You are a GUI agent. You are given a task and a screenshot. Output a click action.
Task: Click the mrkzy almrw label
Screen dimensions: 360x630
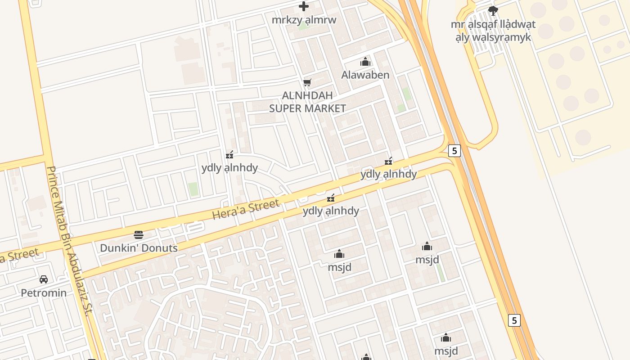point(304,20)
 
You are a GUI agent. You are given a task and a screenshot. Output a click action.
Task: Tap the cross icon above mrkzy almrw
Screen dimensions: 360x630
point(304,6)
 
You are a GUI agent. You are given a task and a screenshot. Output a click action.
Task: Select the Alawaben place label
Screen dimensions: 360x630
point(365,75)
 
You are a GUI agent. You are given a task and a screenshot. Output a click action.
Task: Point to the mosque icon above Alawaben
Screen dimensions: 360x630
point(365,62)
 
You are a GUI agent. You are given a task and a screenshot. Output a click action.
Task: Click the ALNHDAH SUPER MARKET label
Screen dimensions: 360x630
point(307,102)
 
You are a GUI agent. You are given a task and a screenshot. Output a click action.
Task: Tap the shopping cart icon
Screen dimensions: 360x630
point(307,82)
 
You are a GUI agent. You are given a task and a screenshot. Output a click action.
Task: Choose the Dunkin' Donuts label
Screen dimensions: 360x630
point(139,248)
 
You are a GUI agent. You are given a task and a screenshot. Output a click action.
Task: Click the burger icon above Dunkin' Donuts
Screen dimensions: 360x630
point(139,234)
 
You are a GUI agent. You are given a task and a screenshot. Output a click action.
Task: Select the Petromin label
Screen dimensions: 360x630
point(44,293)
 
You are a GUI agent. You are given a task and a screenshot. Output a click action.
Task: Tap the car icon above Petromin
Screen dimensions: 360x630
point(44,279)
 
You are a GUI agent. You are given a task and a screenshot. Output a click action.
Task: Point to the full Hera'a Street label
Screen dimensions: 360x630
point(246,210)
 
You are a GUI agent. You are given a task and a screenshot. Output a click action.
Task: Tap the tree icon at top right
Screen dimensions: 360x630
point(493,10)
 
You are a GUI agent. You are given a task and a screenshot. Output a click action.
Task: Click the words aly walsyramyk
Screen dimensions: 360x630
point(493,37)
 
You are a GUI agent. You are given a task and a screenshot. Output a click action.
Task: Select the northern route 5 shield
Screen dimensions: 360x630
point(454,151)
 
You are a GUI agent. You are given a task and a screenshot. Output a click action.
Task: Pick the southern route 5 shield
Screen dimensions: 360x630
point(514,320)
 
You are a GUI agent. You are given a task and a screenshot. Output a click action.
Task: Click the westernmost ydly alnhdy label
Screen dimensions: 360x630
point(229,168)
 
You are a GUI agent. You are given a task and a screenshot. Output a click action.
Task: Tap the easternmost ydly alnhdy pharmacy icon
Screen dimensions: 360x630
point(389,161)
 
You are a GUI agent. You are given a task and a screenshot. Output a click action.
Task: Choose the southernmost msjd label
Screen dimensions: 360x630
point(446,351)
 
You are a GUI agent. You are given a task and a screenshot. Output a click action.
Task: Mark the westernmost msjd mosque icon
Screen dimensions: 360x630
point(339,254)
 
